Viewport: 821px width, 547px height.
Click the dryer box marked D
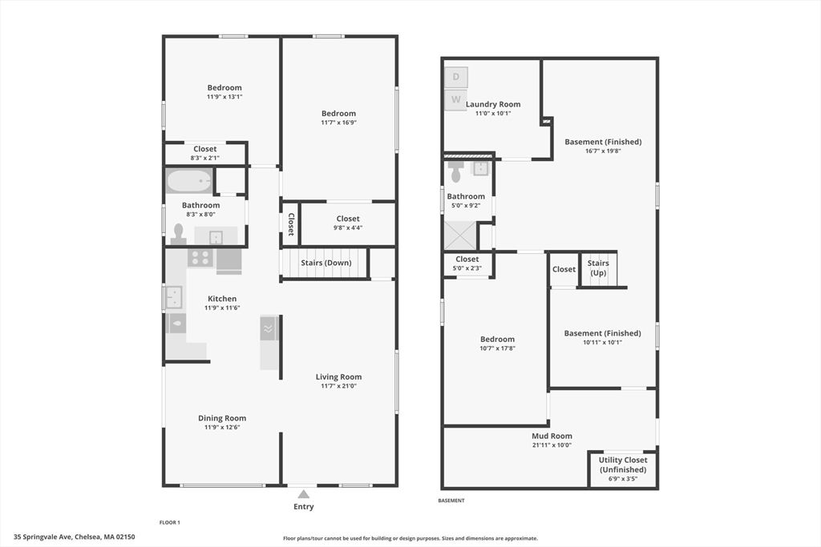[455, 77]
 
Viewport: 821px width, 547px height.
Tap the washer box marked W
[455, 99]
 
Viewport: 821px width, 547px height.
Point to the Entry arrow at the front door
[303, 493]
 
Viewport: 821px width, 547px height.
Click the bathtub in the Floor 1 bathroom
[189, 181]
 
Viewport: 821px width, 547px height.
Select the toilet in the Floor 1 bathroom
[178, 233]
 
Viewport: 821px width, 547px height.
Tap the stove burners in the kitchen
[200, 258]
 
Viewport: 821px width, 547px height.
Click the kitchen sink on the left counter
[174, 298]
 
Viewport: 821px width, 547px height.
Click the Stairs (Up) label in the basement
[598, 267]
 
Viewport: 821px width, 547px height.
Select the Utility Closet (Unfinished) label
[624, 465]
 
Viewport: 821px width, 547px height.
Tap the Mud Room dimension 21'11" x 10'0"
[552, 445]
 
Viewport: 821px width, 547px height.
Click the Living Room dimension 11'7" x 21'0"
[338, 386]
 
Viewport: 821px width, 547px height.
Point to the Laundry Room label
[493, 104]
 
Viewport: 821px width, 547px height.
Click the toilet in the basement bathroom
[456, 171]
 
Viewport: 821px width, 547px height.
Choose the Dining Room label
[222, 418]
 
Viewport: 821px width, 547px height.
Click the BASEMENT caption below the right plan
[451, 501]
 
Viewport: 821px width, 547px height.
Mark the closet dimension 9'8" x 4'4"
[348, 227]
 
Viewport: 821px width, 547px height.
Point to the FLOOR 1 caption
[169, 522]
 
